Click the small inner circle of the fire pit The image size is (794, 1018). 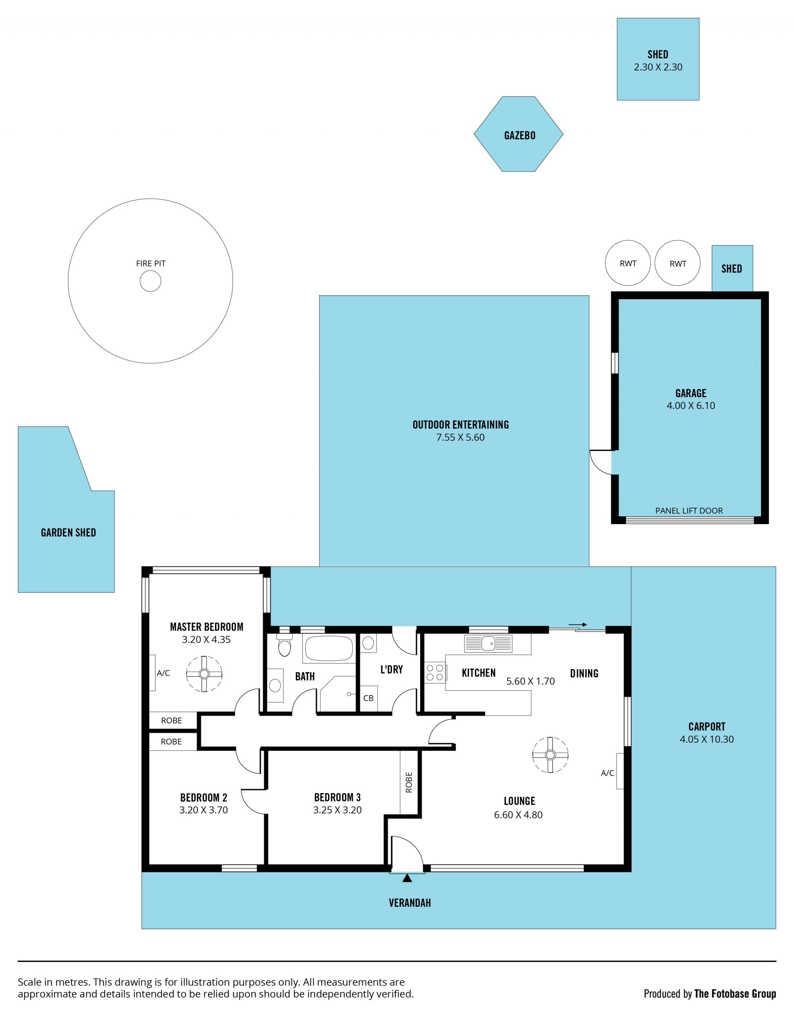point(151,281)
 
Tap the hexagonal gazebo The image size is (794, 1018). point(519,134)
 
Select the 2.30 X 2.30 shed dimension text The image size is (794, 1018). point(658,67)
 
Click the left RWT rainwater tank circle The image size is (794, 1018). point(628,263)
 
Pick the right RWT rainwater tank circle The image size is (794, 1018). point(677,263)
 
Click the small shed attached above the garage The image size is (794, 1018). point(732,269)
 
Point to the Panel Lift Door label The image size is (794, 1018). point(689,511)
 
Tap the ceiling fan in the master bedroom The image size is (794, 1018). point(204,674)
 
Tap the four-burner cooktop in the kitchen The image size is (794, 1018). point(435,672)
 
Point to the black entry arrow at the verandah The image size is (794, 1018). point(407,878)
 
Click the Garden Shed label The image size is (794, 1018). point(69,533)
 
